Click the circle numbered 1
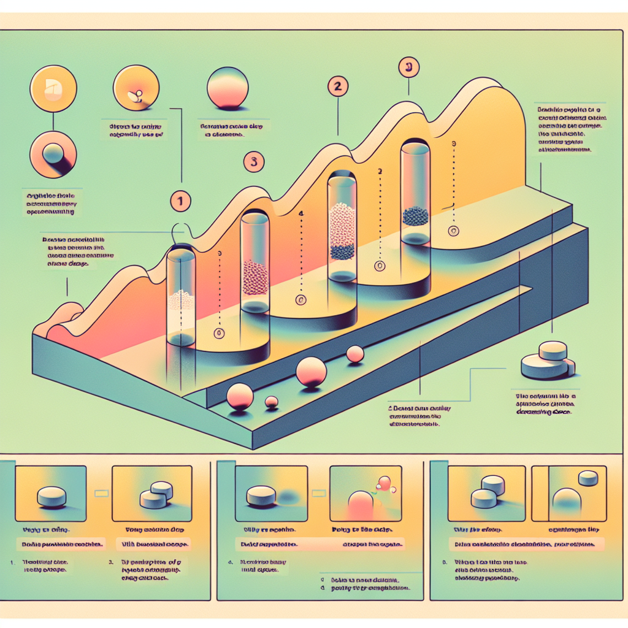pyautogui.click(x=181, y=200)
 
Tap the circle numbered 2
pyautogui.click(x=336, y=86)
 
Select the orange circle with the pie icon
pyautogui.click(x=53, y=89)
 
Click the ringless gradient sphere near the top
pyautogui.click(x=228, y=89)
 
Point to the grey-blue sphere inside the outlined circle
pyautogui.click(x=53, y=153)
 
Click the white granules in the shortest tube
pyautogui.click(x=182, y=300)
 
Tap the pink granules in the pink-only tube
pyautogui.click(x=255, y=278)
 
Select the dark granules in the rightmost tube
pyautogui.click(x=415, y=215)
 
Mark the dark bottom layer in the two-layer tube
pyautogui.click(x=342, y=251)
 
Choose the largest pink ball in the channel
pyautogui.click(x=311, y=372)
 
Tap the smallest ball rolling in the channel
pyautogui.click(x=270, y=402)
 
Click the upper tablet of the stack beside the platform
pyautogui.click(x=553, y=351)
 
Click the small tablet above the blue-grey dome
pyautogui.click(x=589, y=477)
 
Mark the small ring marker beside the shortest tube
pyautogui.click(x=218, y=334)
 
